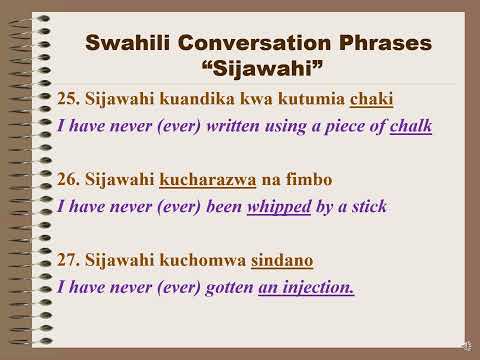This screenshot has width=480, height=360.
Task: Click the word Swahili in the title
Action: point(132,44)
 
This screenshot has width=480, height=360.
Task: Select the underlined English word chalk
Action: point(410,126)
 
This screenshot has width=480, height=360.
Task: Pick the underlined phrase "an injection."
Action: point(306,287)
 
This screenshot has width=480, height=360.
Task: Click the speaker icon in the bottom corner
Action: point(466,346)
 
